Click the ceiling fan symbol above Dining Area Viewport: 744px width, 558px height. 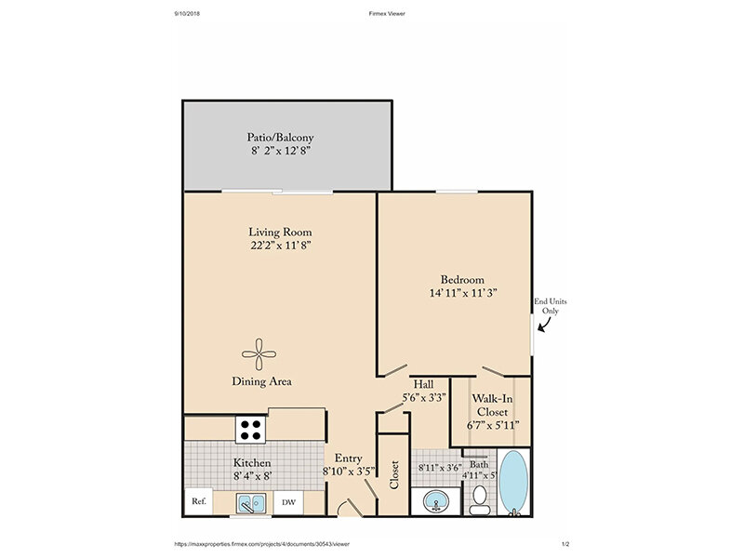click(259, 354)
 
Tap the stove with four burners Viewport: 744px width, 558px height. click(250, 430)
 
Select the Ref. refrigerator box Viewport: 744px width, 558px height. click(199, 501)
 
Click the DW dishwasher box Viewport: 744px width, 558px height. click(288, 502)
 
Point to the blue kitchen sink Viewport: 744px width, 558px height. click(251, 503)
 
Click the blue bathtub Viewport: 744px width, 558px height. click(513, 482)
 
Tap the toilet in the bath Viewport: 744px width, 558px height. click(480, 500)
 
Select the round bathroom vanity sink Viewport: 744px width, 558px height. click(436, 501)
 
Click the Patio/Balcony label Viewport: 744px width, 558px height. click(281, 138)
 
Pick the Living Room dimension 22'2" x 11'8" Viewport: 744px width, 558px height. click(281, 246)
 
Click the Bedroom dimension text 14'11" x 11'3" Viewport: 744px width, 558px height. click(463, 293)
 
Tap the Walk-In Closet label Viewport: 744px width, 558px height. click(493, 405)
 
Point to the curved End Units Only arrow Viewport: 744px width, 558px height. click(544, 325)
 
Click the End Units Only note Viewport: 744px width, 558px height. click(551, 306)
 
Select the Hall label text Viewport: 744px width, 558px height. click(423, 384)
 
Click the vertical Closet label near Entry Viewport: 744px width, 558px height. click(393, 474)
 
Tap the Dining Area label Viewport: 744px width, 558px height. click(261, 381)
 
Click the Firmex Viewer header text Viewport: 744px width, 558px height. click(387, 14)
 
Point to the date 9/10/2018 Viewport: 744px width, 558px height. click(187, 14)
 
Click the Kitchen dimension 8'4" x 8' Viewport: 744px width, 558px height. click(252, 476)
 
